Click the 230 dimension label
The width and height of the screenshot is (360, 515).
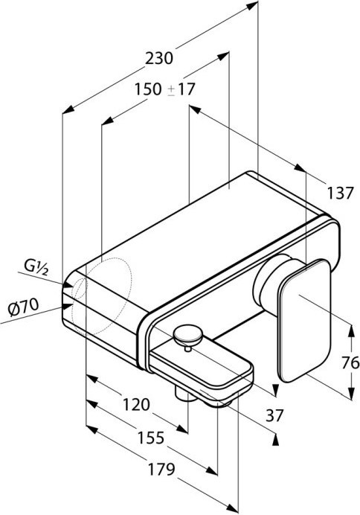(159, 59)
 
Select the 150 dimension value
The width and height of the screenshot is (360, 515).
(148, 89)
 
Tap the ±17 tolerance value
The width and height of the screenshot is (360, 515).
(181, 89)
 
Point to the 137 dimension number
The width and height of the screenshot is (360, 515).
(341, 193)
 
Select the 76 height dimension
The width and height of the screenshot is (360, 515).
(350, 363)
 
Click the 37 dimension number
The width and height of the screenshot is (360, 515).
(274, 415)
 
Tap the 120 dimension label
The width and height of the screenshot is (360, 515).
(136, 405)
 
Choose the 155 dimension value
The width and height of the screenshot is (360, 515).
(150, 438)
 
